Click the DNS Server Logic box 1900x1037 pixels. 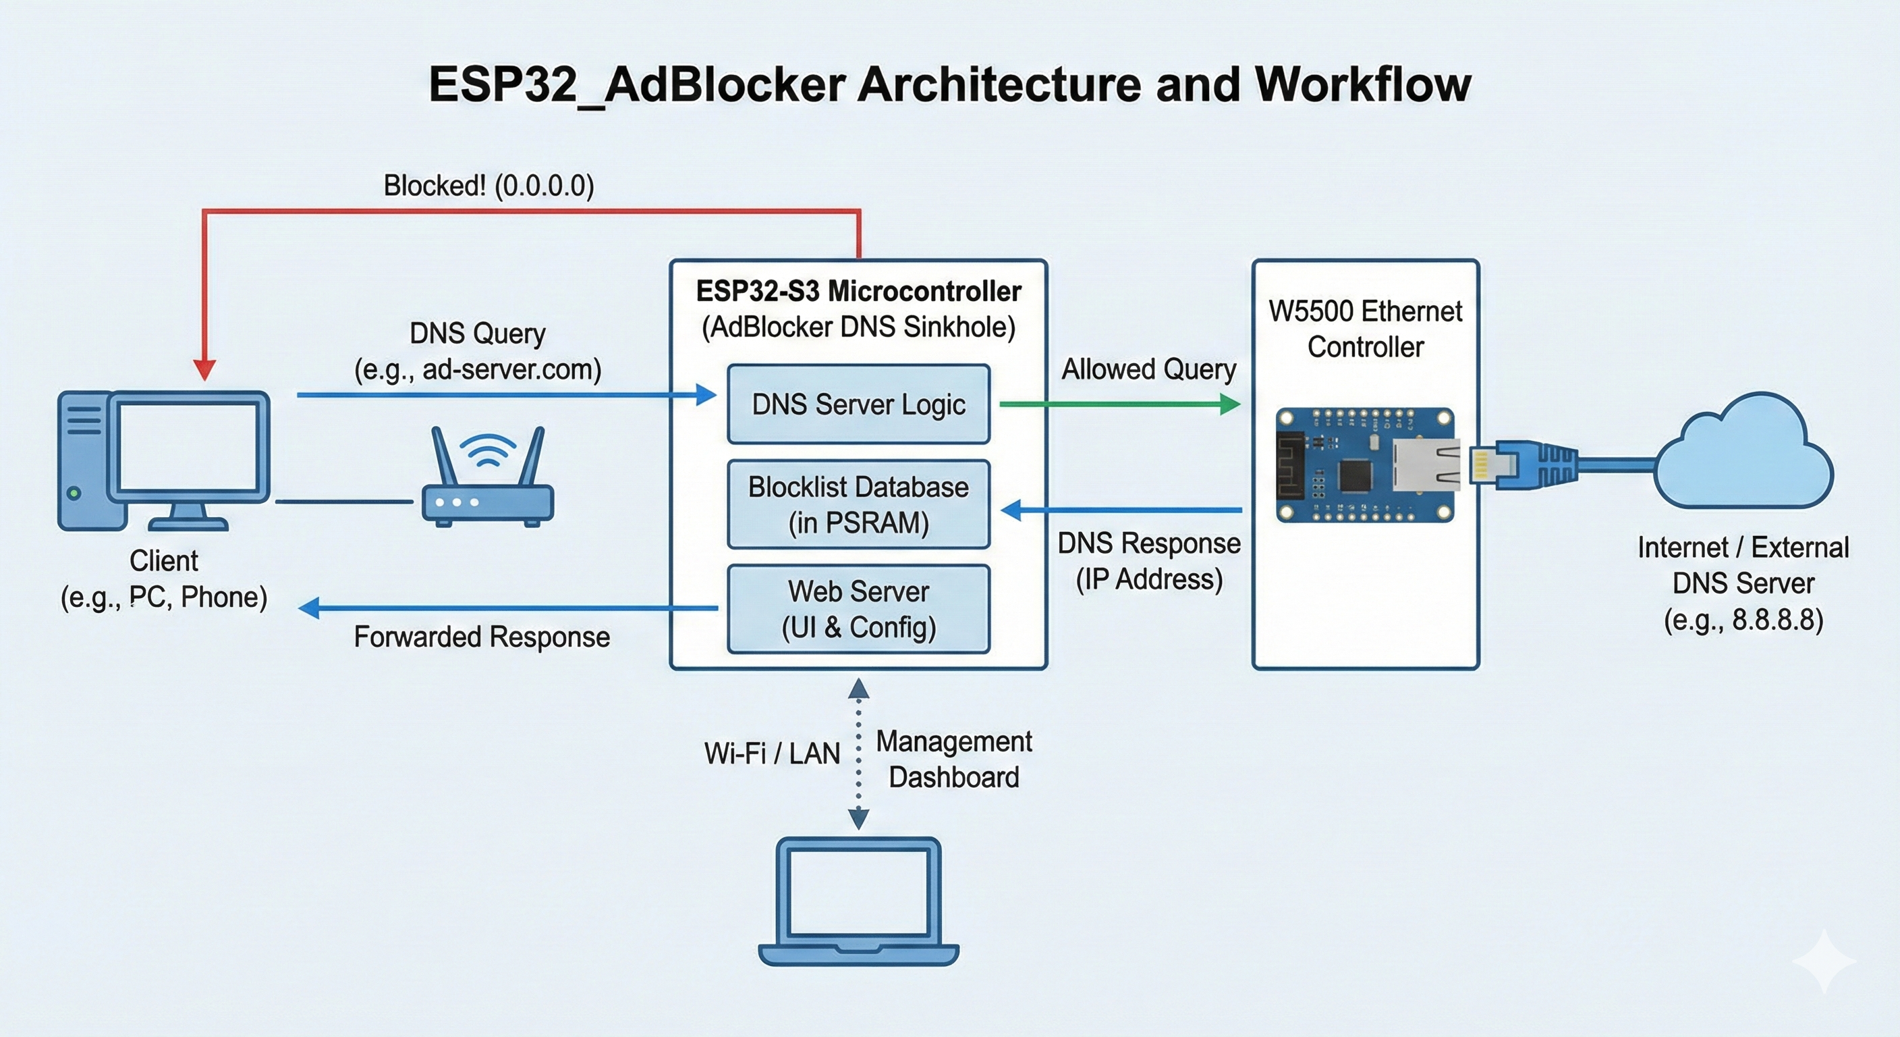click(x=858, y=404)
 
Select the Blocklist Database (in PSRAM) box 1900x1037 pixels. click(x=858, y=505)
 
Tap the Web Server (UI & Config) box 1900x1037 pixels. click(x=858, y=609)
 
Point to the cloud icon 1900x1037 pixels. click(x=1744, y=453)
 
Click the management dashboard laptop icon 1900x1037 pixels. click(x=858, y=901)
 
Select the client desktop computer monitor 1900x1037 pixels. click(x=189, y=450)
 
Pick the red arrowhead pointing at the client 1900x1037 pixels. click(x=204, y=369)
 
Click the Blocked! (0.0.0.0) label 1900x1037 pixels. click(x=488, y=186)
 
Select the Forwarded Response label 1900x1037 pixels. click(x=482, y=637)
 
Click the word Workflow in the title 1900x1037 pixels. click(x=1362, y=84)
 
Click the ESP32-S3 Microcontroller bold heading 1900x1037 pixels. click(x=858, y=292)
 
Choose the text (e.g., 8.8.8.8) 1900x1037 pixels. click(x=1743, y=619)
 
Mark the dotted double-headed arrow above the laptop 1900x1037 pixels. click(x=858, y=753)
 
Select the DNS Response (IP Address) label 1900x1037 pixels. click(x=1148, y=561)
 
